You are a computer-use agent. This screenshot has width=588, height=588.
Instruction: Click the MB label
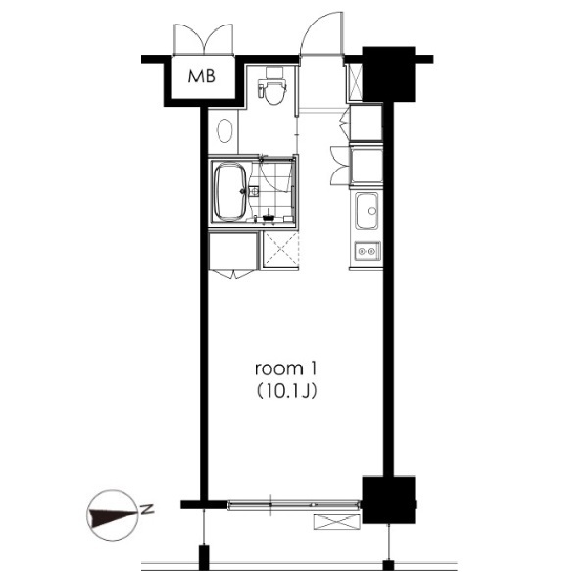[x=201, y=76]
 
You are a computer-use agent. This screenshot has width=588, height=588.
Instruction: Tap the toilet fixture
[x=272, y=86]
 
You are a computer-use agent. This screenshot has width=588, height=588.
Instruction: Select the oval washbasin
[x=224, y=130]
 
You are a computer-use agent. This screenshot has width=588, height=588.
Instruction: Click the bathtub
[x=230, y=191]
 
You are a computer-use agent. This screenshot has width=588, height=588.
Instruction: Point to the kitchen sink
[x=367, y=211]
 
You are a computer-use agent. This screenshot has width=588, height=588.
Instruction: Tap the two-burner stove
[x=367, y=251]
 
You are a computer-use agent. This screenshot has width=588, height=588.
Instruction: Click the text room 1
[x=286, y=369]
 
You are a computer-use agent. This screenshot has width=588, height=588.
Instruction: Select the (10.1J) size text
[x=287, y=391]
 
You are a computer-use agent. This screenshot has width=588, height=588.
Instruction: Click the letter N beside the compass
[x=147, y=509]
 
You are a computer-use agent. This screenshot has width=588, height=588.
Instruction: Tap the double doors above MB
[x=204, y=39]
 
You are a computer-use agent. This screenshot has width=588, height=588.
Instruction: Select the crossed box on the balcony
[x=336, y=521]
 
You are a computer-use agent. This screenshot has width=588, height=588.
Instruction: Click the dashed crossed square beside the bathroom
[x=280, y=249]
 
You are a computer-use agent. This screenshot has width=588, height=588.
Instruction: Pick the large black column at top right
[x=388, y=74]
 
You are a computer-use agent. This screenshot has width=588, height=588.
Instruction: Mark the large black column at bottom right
[x=388, y=500]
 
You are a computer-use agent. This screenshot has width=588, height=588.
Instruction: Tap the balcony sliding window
[x=294, y=505]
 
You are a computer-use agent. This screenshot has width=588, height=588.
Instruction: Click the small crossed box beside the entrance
[x=355, y=81]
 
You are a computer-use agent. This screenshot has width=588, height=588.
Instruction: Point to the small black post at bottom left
[x=203, y=558]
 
